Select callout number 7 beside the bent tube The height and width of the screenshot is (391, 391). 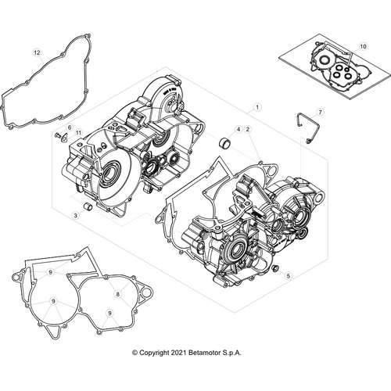[x=319, y=113]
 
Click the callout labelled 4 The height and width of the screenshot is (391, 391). [x=238, y=128]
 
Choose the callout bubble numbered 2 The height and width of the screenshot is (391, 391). [x=248, y=128]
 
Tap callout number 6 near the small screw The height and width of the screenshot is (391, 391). [x=69, y=127]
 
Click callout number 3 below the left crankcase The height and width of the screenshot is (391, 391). [x=76, y=214]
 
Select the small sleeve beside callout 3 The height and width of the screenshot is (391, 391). [x=88, y=207]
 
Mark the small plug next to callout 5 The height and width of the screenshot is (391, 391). [x=274, y=268]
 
